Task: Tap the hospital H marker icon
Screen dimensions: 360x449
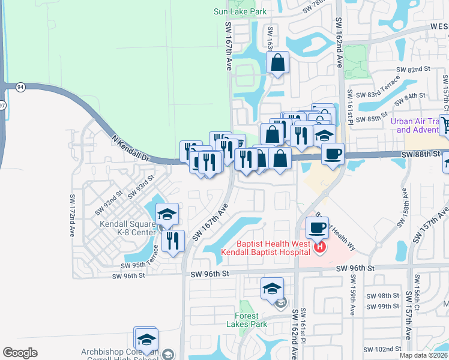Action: [x=320, y=247]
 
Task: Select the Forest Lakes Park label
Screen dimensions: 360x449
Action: [x=247, y=320]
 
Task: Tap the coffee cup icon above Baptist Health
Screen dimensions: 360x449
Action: [x=317, y=227]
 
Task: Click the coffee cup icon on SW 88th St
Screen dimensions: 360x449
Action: [x=332, y=153]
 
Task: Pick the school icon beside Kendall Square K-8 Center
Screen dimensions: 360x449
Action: [x=167, y=214]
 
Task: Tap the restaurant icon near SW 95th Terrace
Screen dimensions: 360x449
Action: [x=172, y=241]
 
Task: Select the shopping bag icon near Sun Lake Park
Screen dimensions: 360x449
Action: [x=278, y=62]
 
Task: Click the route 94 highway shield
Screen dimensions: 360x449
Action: [x=21, y=86]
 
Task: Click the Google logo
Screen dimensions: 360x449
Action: [x=20, y=353]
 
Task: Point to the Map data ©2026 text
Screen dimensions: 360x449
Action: [x=423, y=355]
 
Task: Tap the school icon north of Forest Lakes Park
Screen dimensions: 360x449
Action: [x=272, y=289]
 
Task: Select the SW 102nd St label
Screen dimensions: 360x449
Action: [x=382, y=349]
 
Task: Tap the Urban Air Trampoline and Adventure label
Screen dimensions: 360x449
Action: [x=418, y=125]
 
